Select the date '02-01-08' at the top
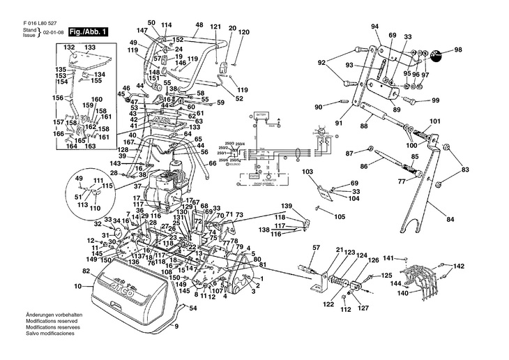(54, 32)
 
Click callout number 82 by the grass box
(86, 270)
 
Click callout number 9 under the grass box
(176, 327)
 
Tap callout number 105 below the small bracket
(339, 217)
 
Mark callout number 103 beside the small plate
(307, 171)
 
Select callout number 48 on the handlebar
(199, 25)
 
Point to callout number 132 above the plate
(69, 47)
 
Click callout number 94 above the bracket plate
(374, 27)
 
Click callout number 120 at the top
(243, 32)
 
